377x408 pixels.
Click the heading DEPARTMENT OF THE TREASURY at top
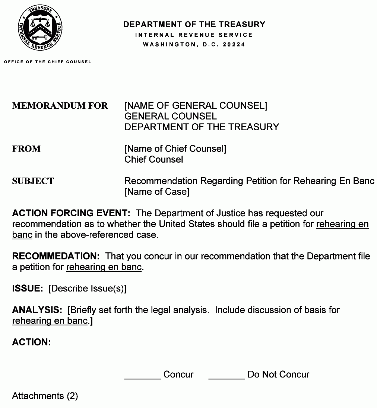coord(194,25)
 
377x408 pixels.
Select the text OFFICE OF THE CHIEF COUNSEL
coord(48,62)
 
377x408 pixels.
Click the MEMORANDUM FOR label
coord(60,106)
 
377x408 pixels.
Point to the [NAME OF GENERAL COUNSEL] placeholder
coord(196,106)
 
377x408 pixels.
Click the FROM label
coord(26,149)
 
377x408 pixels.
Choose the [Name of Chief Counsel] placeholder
coord(175,149)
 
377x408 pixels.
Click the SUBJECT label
coord(33,181)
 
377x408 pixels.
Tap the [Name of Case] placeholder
coord(156,192)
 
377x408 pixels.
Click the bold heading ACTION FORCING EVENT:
coord(71,214)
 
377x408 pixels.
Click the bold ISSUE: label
coord(28,289)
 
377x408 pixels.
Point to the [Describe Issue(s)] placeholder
coord(88,289)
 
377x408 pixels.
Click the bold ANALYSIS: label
coord(37,310)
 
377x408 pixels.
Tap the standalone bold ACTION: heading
coord(31,342)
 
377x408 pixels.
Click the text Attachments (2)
coord(45,396)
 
